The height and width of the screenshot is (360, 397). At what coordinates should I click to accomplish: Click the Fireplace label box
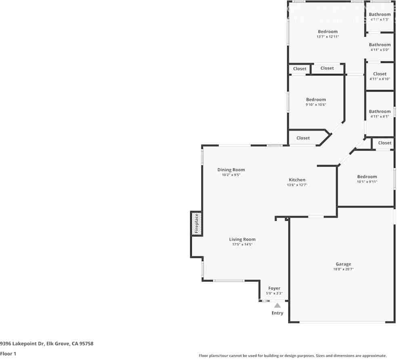point(197,224)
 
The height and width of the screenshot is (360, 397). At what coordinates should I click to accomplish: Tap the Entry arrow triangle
point(277,306)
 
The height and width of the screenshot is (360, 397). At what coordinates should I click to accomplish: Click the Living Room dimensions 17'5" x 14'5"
point(242,245)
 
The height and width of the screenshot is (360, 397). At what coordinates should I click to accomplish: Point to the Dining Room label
point(231,170)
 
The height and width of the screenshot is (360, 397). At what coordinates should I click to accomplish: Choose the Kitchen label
point(297,180)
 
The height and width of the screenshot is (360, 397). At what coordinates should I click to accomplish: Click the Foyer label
point(274,288)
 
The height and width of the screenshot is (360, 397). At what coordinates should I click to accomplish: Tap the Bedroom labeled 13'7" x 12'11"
point(328,31)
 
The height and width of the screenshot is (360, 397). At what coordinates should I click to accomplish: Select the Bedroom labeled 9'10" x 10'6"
point(316,100)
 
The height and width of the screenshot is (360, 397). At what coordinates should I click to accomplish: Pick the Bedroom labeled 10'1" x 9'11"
point(367,177)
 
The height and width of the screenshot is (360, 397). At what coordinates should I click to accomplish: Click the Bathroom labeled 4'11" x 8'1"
point(380,111)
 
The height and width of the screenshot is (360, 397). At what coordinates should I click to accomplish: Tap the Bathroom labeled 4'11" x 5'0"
point(380,45)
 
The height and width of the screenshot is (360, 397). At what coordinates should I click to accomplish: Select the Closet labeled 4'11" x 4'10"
point(380,74)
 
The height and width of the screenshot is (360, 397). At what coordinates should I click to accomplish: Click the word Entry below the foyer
point(277,313)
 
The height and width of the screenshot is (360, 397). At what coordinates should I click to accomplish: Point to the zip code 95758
point(86,343)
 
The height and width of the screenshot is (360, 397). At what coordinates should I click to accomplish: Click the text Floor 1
point(8,354)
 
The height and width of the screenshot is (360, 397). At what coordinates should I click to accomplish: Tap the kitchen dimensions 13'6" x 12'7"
point(297,185)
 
